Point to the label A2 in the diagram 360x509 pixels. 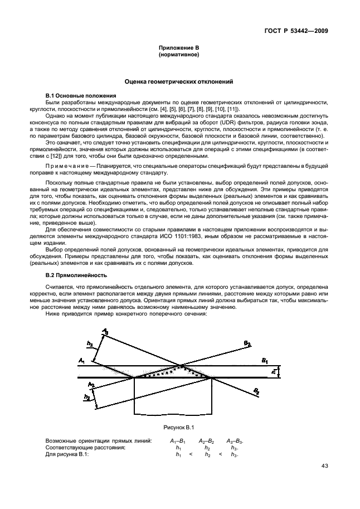(x=91, y=385)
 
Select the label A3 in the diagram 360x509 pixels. (x=105, y=332)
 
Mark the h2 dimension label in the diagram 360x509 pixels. (x=86, y=397)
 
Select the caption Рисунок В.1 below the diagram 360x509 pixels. (x=178, y=427)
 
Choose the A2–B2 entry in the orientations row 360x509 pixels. (x=207, y=440)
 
